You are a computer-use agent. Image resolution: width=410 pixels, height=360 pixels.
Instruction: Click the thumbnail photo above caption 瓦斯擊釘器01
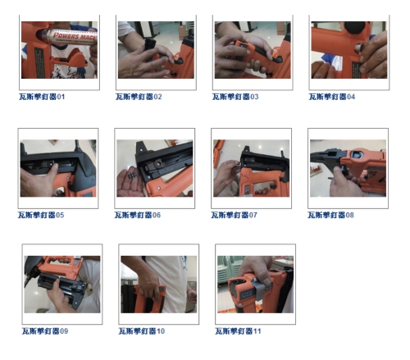pyautogui.click(x=59, y=50)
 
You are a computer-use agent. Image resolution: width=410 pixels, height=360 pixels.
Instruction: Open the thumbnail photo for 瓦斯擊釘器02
pyautogui.click(x=156, y=50)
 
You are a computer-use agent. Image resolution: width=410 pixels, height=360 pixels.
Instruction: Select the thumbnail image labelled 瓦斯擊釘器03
pyautogui.click(x=253, y=50)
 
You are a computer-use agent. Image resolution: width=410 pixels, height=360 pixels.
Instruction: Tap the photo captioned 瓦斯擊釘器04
pyautogui.click(x=348, y=50)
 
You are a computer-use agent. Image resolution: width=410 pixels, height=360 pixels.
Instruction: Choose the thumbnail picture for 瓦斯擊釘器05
pyautogui.click(x=58, y=168)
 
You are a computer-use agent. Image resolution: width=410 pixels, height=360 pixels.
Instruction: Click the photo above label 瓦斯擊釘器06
pyautogui.click(x=155, y=168)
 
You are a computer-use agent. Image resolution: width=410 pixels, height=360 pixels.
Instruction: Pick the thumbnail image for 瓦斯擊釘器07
pyautogui.click(x=252, y=168)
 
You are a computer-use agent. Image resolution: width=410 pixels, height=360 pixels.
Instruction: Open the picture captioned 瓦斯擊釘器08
pyautogui.click(x=348, y=168)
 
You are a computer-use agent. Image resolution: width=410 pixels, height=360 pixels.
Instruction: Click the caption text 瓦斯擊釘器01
pyautogui.click(x=42, y=97)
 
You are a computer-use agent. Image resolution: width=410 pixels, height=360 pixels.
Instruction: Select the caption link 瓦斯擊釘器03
pyautogui.click(x=235, y=97)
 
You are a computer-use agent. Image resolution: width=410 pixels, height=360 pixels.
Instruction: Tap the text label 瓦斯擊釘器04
pyautogui.click(x=332, y=97)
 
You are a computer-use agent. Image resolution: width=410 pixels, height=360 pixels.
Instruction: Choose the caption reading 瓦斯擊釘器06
pyautogui.click(x=138, y=215)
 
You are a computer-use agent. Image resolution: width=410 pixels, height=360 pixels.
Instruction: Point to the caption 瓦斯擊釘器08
pyautogui.click(x=330, y=215)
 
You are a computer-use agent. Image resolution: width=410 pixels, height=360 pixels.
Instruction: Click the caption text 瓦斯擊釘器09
pyautogui.click(x=45, y=331)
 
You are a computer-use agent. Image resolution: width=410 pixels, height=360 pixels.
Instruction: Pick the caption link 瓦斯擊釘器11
pyautogui.click(x=239, y=331)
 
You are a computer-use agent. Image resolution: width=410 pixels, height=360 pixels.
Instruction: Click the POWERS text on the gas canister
pyautogui.click(x=66, y=35)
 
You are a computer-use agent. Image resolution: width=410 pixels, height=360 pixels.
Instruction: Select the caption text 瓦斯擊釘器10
pyautogui.click(x=142, y=331)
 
